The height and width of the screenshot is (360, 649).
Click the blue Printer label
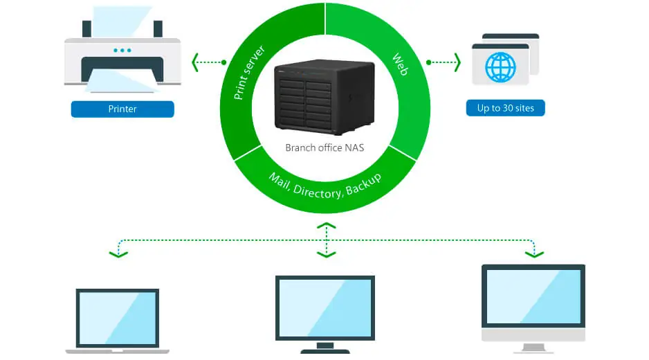click(122, 109)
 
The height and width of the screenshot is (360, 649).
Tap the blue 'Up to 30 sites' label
click(505, 108)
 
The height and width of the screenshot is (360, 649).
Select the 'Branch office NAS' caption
click(324, 148)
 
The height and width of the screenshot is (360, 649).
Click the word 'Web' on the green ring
click(400, 64)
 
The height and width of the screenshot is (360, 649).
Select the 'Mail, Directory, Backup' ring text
click(324, 185)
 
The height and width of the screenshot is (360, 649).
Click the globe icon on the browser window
click(500, 67)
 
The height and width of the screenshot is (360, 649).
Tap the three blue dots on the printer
click(122, 50)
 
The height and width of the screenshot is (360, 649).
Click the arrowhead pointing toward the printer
click(196, 62)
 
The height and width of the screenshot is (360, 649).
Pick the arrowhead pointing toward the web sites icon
click(457, 62)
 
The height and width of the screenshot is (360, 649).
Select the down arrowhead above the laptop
click(118, 254)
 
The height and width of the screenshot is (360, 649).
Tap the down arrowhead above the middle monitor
click(326, 254)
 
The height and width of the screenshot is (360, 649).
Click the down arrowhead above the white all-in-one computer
click(534, 254)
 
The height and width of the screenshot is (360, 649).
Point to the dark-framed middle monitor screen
click(325, 307)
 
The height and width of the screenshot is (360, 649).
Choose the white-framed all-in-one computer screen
click(533, 296)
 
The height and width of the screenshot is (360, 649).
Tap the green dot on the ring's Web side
click(429, 62)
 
